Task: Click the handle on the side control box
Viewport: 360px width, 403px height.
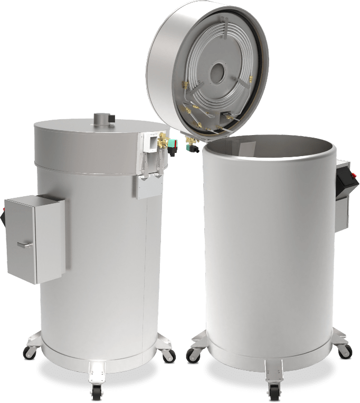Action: point(24,244)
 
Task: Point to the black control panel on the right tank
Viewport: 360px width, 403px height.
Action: point(347,183)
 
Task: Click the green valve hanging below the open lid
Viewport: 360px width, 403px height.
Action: point(192,149)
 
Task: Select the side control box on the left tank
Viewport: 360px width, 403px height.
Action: point(35,238)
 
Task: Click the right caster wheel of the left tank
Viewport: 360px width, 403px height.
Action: point(168,355)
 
